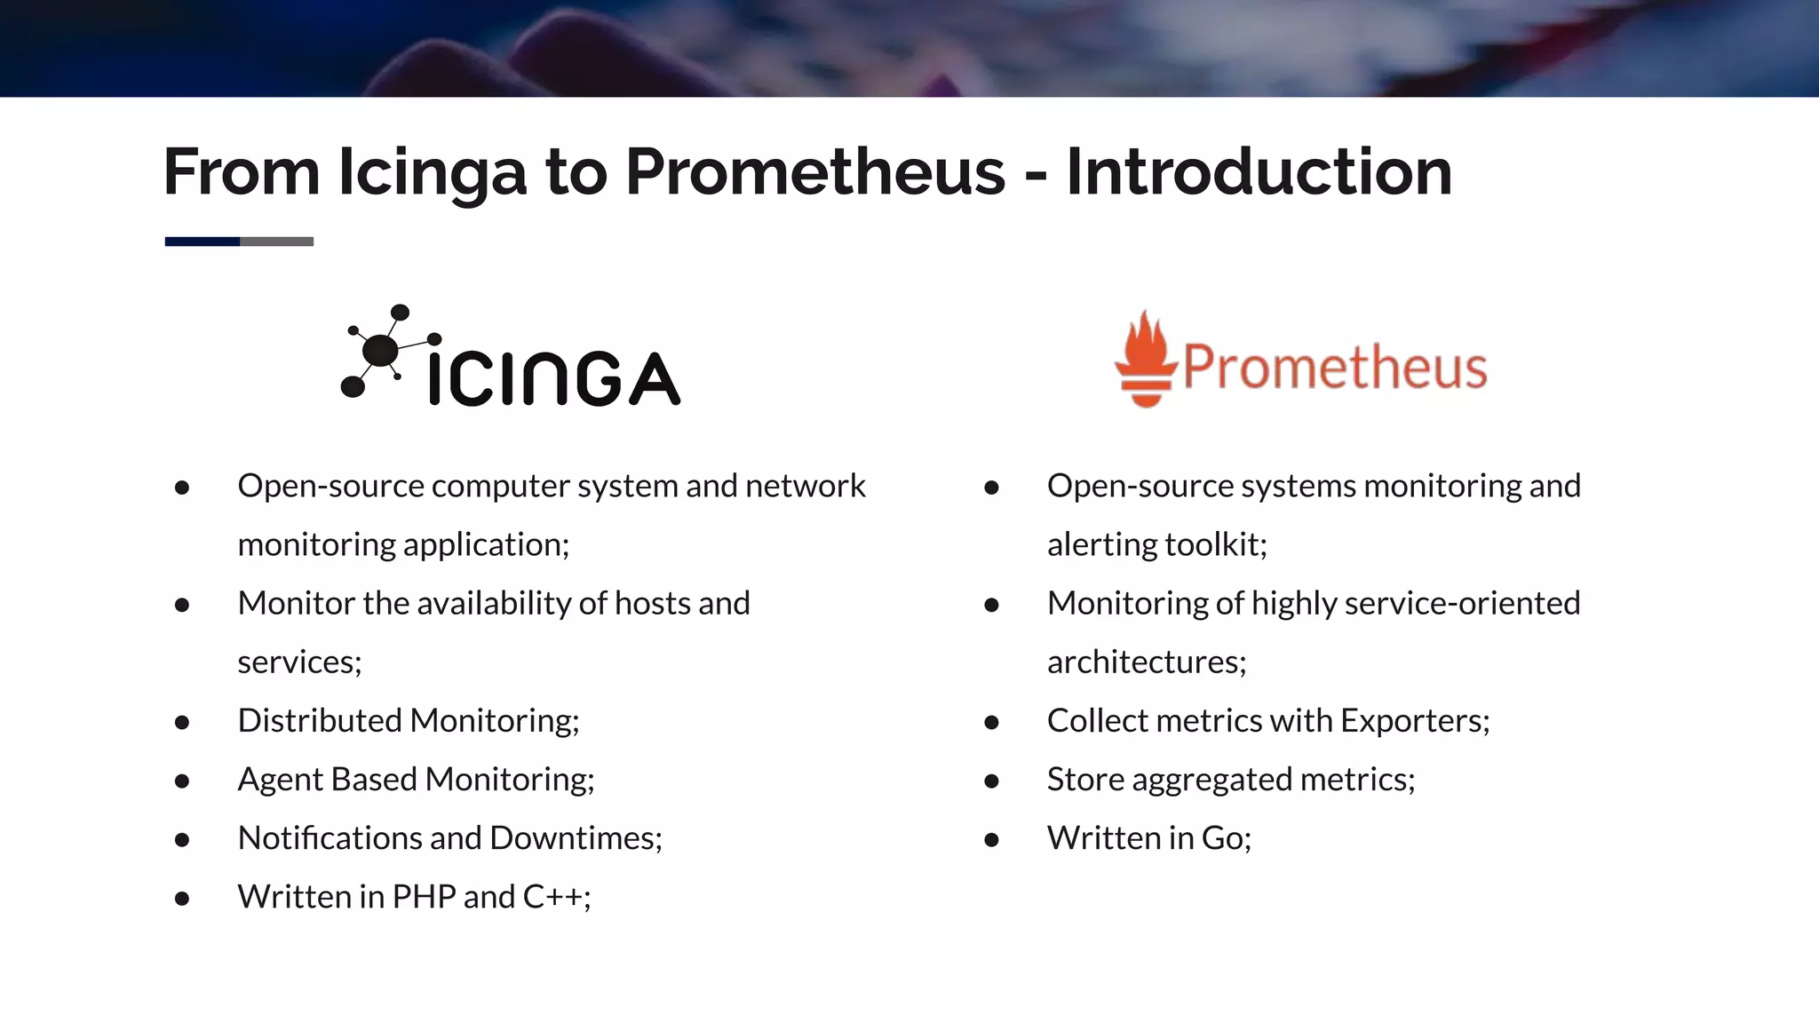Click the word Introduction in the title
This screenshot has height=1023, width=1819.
pyautogui.click(x=1259, y=170)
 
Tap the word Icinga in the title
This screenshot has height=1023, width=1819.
pyautogui.click(x=433, y=172)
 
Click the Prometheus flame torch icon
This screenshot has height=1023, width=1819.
pyautogui.click(x=1146, y=360)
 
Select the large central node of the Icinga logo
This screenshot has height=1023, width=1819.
pyautogui.click(x=381, y=350)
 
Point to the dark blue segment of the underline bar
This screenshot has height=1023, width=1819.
pyautogui.click(x=203, y=242)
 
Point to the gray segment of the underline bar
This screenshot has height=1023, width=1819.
pyautogui.click(x=276, y=242)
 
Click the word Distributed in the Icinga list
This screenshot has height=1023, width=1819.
pyautogui.click(x=320, y=720)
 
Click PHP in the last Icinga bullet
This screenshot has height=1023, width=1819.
pyautogui.click(x=423, y=897)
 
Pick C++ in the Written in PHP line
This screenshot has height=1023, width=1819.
pyautogui.click(x=555, y=897)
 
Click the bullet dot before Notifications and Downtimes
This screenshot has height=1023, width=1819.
pyautogui.click(x=182, y=839)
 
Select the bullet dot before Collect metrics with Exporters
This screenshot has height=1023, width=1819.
pyautogui.click(x=992, y=722)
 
